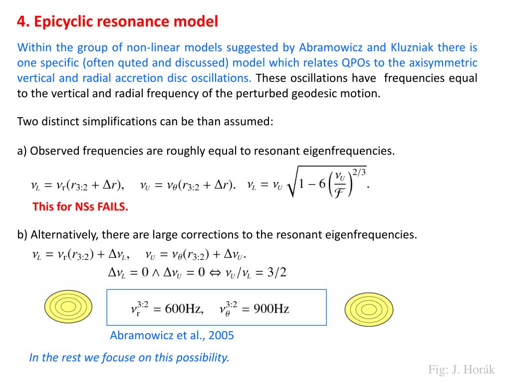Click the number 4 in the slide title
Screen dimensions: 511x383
21,22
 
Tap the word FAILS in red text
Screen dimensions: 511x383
113,207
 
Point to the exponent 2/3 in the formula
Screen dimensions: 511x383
359,172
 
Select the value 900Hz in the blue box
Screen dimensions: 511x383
271,309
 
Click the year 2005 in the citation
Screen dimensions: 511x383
221,336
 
